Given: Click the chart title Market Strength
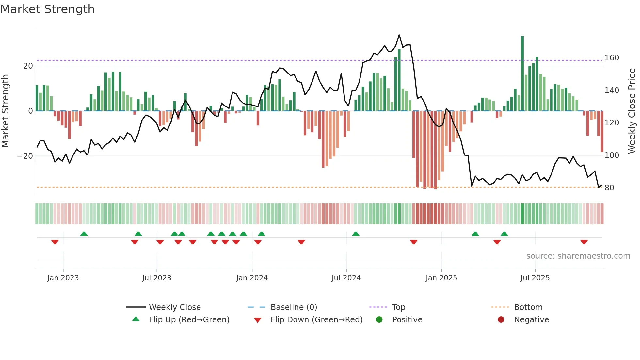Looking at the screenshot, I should [47, 9].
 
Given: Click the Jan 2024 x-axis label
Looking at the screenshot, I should [252, 278].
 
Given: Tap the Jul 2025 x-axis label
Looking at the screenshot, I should [535, 278].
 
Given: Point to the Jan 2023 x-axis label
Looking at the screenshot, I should [63, 278].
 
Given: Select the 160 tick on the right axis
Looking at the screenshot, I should [612, 58].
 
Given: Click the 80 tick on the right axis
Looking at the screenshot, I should [609, 188].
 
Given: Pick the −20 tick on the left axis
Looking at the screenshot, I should [25, 156].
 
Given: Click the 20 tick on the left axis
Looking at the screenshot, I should [28, 66].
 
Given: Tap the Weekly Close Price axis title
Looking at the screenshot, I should [632, 111].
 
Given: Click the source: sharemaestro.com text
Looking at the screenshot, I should [578, 256].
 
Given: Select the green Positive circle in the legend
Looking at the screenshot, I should [379, 320].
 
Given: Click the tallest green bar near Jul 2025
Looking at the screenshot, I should [522, 74].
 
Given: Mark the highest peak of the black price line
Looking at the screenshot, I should [399, 35].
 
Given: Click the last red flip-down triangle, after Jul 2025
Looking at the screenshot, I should [584, 242].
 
